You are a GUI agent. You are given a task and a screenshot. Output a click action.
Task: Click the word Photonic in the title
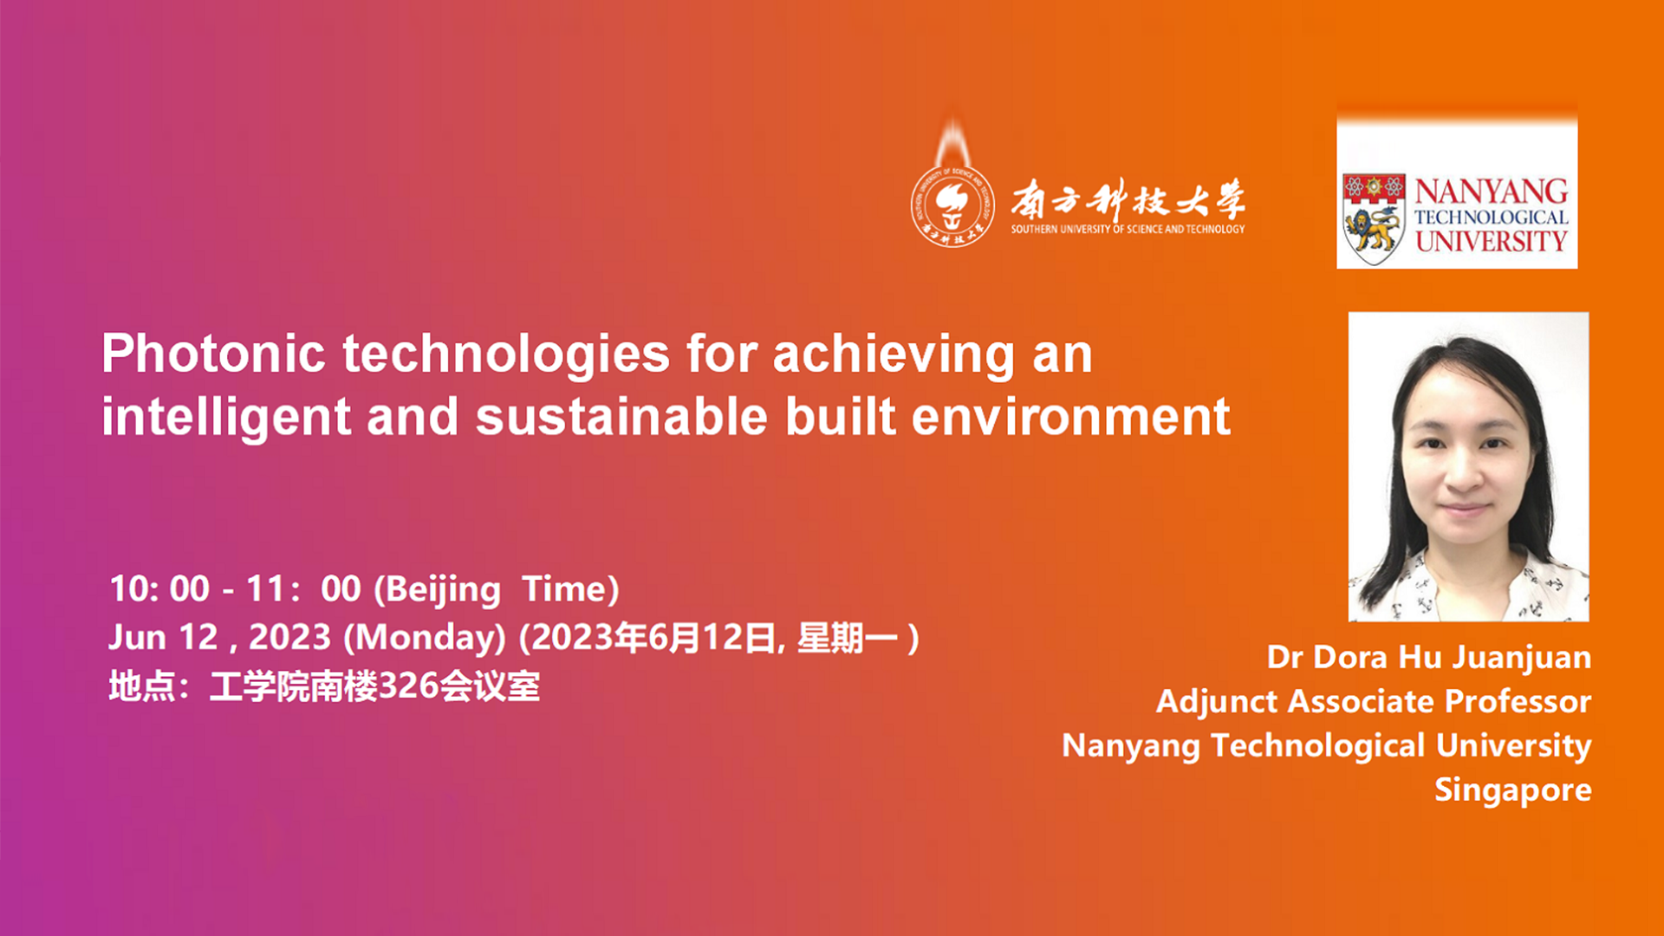(213, 354)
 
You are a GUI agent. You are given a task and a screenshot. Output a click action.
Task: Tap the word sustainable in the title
(621, 417)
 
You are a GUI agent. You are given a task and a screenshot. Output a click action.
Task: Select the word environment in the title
(1071, 417)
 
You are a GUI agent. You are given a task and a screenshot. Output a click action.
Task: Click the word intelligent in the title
(226, 418)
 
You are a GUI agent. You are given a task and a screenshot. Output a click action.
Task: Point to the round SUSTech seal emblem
(952, 205)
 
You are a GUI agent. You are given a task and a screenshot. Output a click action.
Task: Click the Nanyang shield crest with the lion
(1374, 218)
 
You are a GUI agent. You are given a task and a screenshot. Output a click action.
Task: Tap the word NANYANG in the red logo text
(1492, 191)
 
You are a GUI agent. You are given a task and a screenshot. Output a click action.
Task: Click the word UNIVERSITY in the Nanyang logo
(1492, 241)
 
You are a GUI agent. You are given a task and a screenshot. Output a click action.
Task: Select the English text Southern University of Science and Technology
(1128, 230)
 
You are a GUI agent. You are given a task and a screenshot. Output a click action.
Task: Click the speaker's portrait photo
(1468, 466)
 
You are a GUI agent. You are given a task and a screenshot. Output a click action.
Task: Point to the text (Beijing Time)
(497, 590)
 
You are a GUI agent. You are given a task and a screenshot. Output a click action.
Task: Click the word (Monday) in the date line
(425, 639)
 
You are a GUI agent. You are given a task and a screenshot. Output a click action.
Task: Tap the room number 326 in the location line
(408, 686)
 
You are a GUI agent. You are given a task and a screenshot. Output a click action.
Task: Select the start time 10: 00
(159, 589)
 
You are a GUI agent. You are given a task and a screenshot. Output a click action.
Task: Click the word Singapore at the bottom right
(1513, 790)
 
